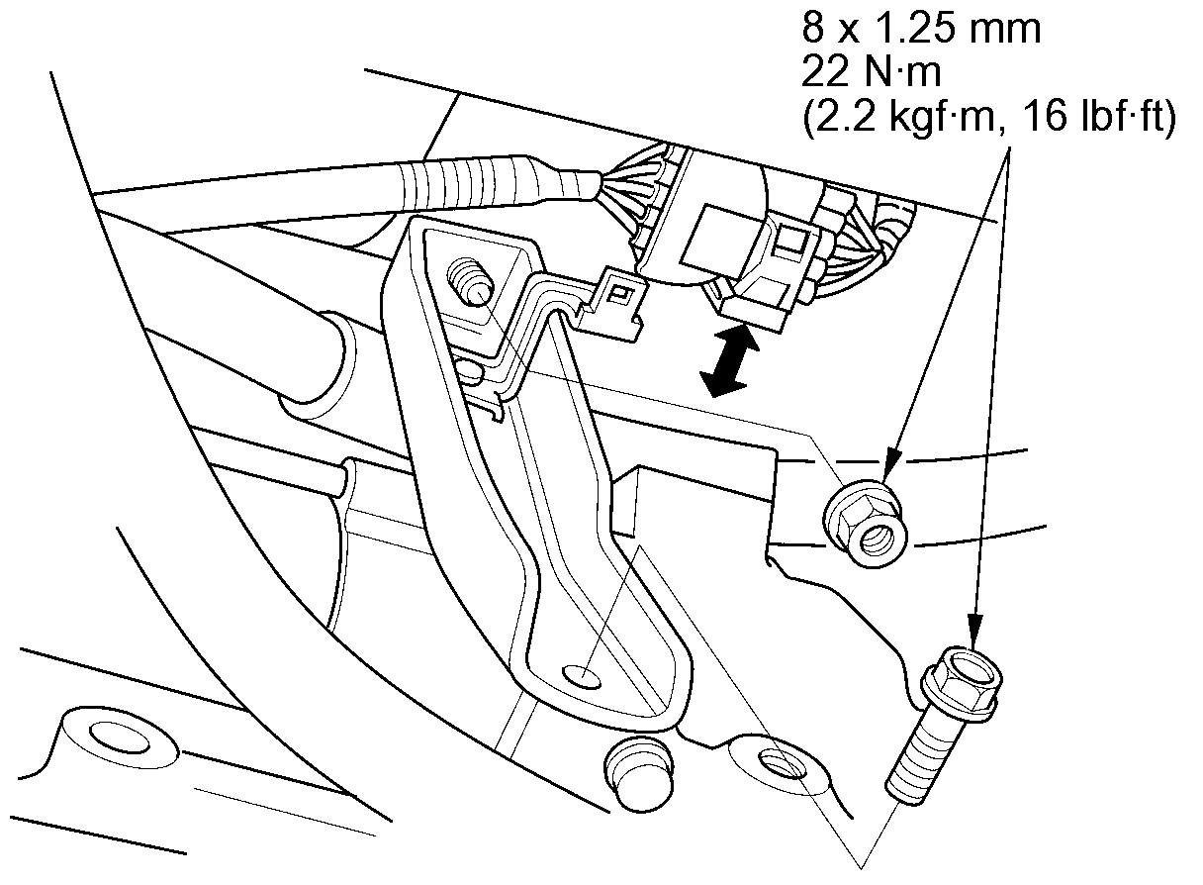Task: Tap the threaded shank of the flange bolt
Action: coord(915,752)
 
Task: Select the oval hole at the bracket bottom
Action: coord(582,677)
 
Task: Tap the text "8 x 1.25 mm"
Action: coord(921,30)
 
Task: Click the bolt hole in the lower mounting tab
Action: coord(777,762)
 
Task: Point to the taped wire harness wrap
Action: coord(465,182)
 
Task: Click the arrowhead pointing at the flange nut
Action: coord(889,461)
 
